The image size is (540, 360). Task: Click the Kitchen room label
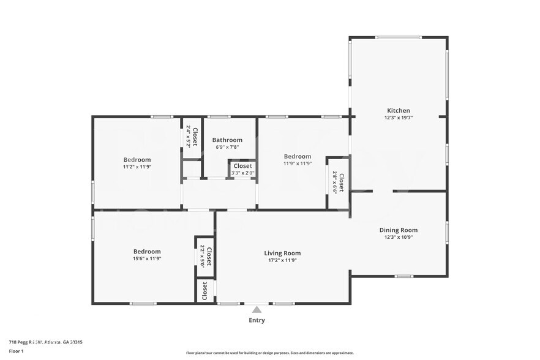click(398, 111)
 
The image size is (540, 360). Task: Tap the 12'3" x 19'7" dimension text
click(398, 118)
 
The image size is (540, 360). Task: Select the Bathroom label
click(227, 140)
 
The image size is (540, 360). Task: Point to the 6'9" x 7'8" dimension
click(227, 147)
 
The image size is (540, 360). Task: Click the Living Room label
click(282, 253)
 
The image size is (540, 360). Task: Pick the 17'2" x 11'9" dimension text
click(282, 260)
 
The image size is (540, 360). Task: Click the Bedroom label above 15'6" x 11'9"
click(147, 251)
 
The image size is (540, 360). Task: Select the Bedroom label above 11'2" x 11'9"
click(137, 159)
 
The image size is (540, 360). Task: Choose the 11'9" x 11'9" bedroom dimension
click(297, 163)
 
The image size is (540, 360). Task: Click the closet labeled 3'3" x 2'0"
click(242, 169)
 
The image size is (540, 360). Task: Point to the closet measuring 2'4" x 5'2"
click(192, 136)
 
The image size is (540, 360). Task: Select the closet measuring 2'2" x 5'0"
click(206, 255)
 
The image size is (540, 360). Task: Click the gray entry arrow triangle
click(257, 310)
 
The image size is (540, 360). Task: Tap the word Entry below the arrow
click(257, 320)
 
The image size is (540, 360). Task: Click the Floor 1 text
click(16, 351)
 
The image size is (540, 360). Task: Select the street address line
click(45, 342)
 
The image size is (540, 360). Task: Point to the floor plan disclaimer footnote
click(269, 353)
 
